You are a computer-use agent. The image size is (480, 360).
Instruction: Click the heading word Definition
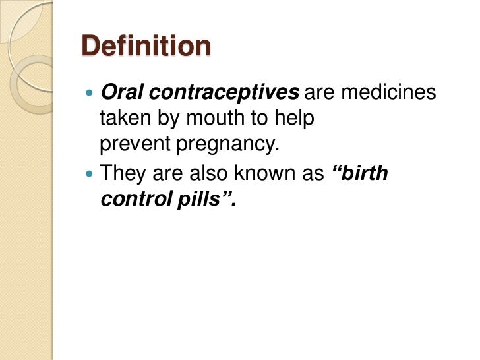coord(146,47)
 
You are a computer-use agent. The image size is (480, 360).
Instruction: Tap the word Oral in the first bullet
coord(120,93)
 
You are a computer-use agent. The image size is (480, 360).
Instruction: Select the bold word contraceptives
coord(224,93)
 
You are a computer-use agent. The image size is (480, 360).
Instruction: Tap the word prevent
coord(133,144)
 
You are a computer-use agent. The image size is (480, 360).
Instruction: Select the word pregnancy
coord(225,144)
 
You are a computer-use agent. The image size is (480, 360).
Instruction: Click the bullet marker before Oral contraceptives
coord(90,94)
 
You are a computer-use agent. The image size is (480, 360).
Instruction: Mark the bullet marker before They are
coord(90,175)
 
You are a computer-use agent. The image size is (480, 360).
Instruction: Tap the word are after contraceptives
coord(321,93)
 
